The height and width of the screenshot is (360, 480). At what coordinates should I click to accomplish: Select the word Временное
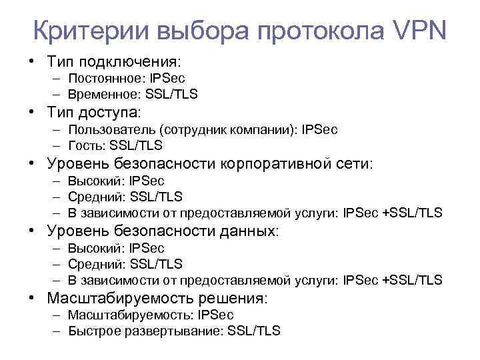click(x=104, y=94)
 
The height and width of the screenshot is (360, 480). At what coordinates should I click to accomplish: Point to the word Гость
click(x=83, y=145)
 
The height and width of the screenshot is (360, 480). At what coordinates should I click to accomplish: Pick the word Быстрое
click(x=92, y=330)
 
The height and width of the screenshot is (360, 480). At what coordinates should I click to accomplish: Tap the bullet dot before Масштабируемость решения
click(x=33, y=298)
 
